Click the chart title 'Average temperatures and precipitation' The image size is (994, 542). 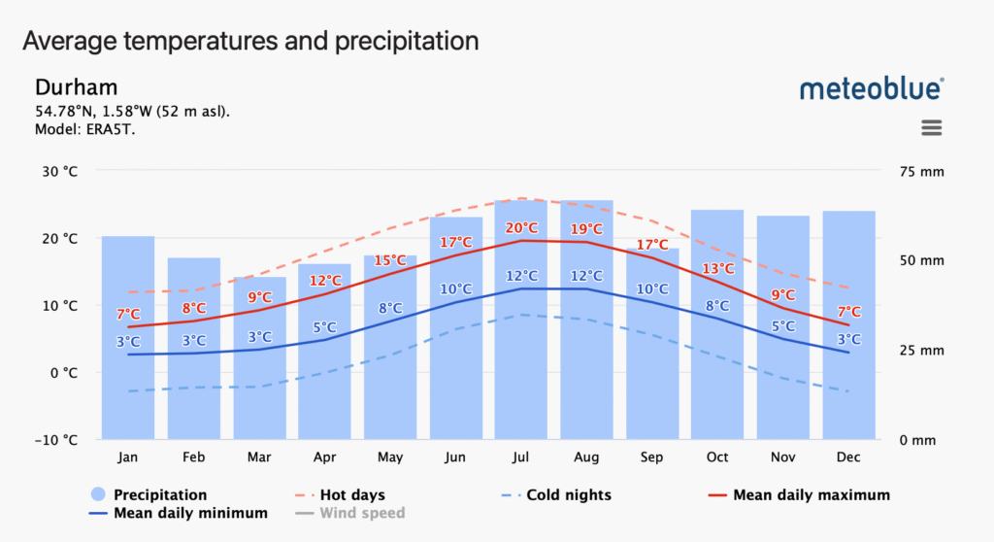250,41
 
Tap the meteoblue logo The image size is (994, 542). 871,88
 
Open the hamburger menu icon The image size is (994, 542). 932,128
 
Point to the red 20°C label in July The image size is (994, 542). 521,228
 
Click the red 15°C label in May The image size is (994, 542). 390,260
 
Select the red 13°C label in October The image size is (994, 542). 717,268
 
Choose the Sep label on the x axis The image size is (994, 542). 652,457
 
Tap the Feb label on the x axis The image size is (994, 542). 193,457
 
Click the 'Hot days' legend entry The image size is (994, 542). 349,495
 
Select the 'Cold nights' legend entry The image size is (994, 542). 568,495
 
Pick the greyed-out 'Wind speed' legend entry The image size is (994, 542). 361,513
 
